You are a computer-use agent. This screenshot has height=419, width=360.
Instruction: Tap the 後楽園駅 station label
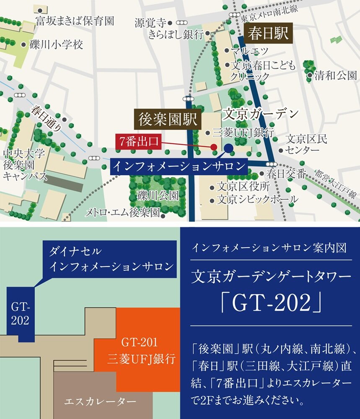(x=166, y=119)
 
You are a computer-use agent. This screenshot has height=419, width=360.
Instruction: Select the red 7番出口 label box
(x=138, y=142)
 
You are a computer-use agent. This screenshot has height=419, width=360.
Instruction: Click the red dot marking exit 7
(x=214, y=147)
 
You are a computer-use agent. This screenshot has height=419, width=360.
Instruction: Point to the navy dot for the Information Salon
(x=228, y=148)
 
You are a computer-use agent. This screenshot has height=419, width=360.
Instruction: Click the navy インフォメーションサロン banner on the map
(x=179, y=166)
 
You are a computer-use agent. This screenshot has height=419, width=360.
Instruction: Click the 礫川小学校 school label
(x=56, y=44)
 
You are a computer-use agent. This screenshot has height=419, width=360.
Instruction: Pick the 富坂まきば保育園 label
(x=75, y=21)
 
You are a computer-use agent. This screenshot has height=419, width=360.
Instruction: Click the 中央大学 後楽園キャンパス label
(x=25, y=164)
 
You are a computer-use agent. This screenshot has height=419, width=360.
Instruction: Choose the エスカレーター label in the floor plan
(x=94, y=402)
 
